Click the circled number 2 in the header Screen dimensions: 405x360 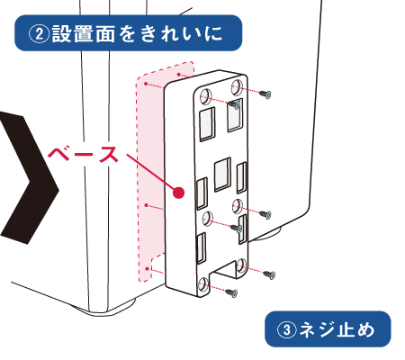[39, 34]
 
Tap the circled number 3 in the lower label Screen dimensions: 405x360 [287, 330]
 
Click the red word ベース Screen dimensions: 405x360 [83, 154]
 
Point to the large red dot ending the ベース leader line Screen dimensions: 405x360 [179, 193]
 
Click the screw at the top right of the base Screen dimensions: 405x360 [265, 94]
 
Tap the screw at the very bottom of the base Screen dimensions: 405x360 [232, 292]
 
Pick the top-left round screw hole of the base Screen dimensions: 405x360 [206, 96]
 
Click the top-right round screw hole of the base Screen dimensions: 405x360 [238, 86]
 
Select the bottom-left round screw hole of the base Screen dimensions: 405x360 [204, 285]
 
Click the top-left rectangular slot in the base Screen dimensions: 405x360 [207, 123]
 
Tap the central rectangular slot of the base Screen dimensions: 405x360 [222, 175]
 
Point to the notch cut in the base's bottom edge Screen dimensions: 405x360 [224, 269]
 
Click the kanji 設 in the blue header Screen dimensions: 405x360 [62, 34]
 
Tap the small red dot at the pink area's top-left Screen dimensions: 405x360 [146, 84]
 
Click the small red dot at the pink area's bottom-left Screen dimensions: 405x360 [148, 268]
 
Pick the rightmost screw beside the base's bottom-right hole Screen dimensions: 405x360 [269, 274]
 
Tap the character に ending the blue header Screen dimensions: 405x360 [214, 34]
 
